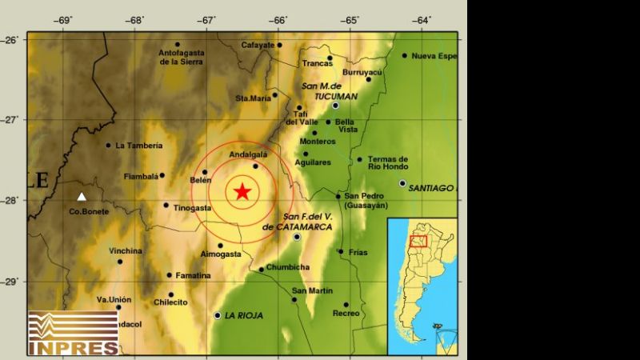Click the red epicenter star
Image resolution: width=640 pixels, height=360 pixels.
[242, 191]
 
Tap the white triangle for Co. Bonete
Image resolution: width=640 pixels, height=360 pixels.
[81, 196]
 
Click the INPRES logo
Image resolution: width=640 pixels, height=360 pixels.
[73, 333]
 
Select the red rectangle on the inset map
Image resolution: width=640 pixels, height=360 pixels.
[418, 241]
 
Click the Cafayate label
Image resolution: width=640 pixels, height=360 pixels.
[257, 45]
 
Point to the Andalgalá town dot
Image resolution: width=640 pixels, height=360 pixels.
[256, 166]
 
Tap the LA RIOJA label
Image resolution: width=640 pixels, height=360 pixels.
[245, 315]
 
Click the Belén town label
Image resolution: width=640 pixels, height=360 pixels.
[201, 181]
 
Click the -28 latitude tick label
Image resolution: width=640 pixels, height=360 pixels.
[13, 200]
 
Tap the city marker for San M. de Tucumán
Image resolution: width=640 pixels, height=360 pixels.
[336, 105]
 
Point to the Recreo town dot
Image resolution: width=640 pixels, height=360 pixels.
[346, 304]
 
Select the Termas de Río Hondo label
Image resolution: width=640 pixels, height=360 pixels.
[388, 163]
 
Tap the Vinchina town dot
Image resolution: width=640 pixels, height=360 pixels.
[120, 261]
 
